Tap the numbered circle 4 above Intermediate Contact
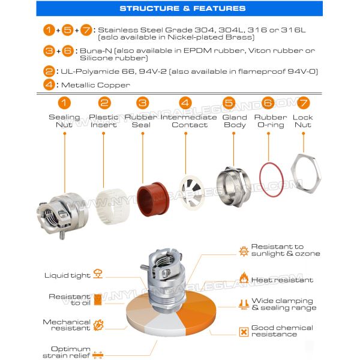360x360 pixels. [x=185, y=103]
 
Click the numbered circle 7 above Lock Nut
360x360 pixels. [x=304, y=103]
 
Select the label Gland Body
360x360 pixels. [x=235, y=121]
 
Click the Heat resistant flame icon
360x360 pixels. [x=244, y=279]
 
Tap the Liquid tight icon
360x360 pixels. [x=98, y=275]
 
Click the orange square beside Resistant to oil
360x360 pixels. [x=98, y=299]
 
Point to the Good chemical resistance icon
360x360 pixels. [x=244, y=331]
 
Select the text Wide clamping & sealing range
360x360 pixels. [x=283, y=304]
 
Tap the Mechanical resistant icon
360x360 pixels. [x=98, y=325]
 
